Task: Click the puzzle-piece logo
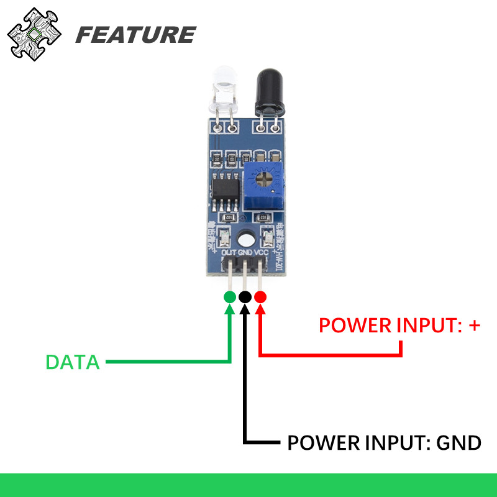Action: [x=35, y=34]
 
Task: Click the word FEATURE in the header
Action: [x=135, y=35]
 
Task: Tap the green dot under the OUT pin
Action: [x=230, y=297]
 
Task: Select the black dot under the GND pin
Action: [x=245, y=297]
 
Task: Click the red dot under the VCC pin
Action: [x=260, y=297]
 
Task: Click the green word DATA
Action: [x=73, y=362]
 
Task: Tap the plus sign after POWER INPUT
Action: [x=474, y=324]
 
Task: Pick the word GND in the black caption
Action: [x=458, y=443]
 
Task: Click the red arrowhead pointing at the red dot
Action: [x=260, y=310]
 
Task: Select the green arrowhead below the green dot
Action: [x=230, y=310]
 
